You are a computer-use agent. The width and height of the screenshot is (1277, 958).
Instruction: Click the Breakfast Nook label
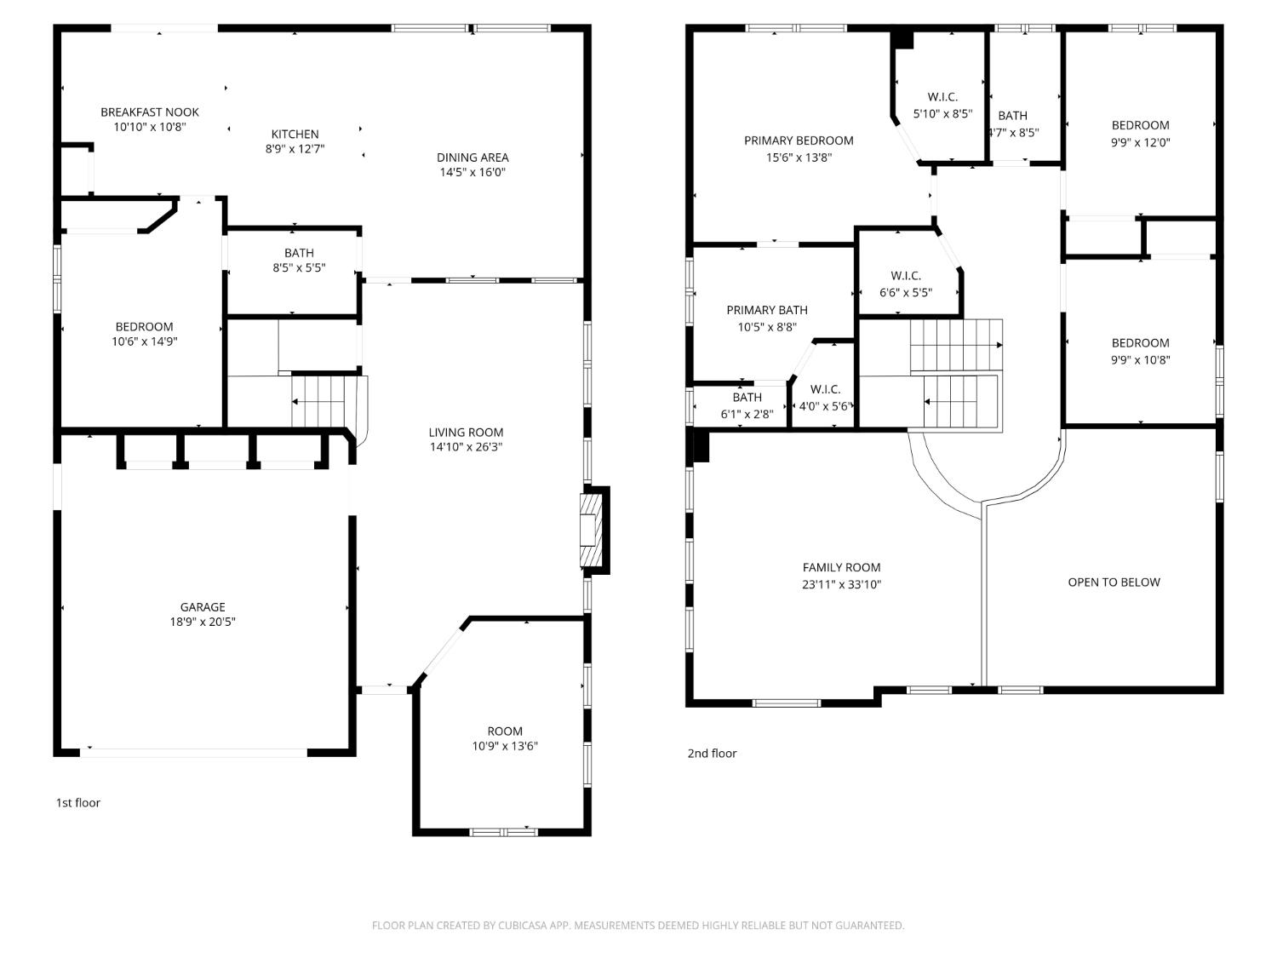(150, 112)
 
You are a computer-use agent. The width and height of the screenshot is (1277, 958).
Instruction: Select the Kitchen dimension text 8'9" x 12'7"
(295, 149)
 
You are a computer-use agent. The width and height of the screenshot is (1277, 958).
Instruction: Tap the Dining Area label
(472, 157)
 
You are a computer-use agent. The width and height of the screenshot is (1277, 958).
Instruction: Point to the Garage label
(203, 607)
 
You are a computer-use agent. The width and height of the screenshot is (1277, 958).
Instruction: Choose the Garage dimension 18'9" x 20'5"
(203, 622)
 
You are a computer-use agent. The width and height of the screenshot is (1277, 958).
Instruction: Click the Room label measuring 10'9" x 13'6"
(505, 731)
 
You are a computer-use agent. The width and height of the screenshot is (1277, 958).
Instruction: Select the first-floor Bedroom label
(144, 326)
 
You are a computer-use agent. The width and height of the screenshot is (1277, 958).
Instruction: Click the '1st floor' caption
(78, 802)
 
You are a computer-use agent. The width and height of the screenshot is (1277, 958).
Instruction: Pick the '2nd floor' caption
(712, 753)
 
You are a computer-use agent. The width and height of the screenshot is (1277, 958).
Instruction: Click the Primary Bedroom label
(799, 141)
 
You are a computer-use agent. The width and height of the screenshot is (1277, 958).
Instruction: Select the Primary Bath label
(767, 310)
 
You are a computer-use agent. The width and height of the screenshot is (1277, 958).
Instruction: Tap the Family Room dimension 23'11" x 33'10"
(841, 584)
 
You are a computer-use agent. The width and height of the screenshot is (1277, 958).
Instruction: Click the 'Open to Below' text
(1114, 582)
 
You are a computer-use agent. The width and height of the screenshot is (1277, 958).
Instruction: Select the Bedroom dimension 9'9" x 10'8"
(1140, 359)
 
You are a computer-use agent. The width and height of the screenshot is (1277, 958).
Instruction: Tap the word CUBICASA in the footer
(521, 926)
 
